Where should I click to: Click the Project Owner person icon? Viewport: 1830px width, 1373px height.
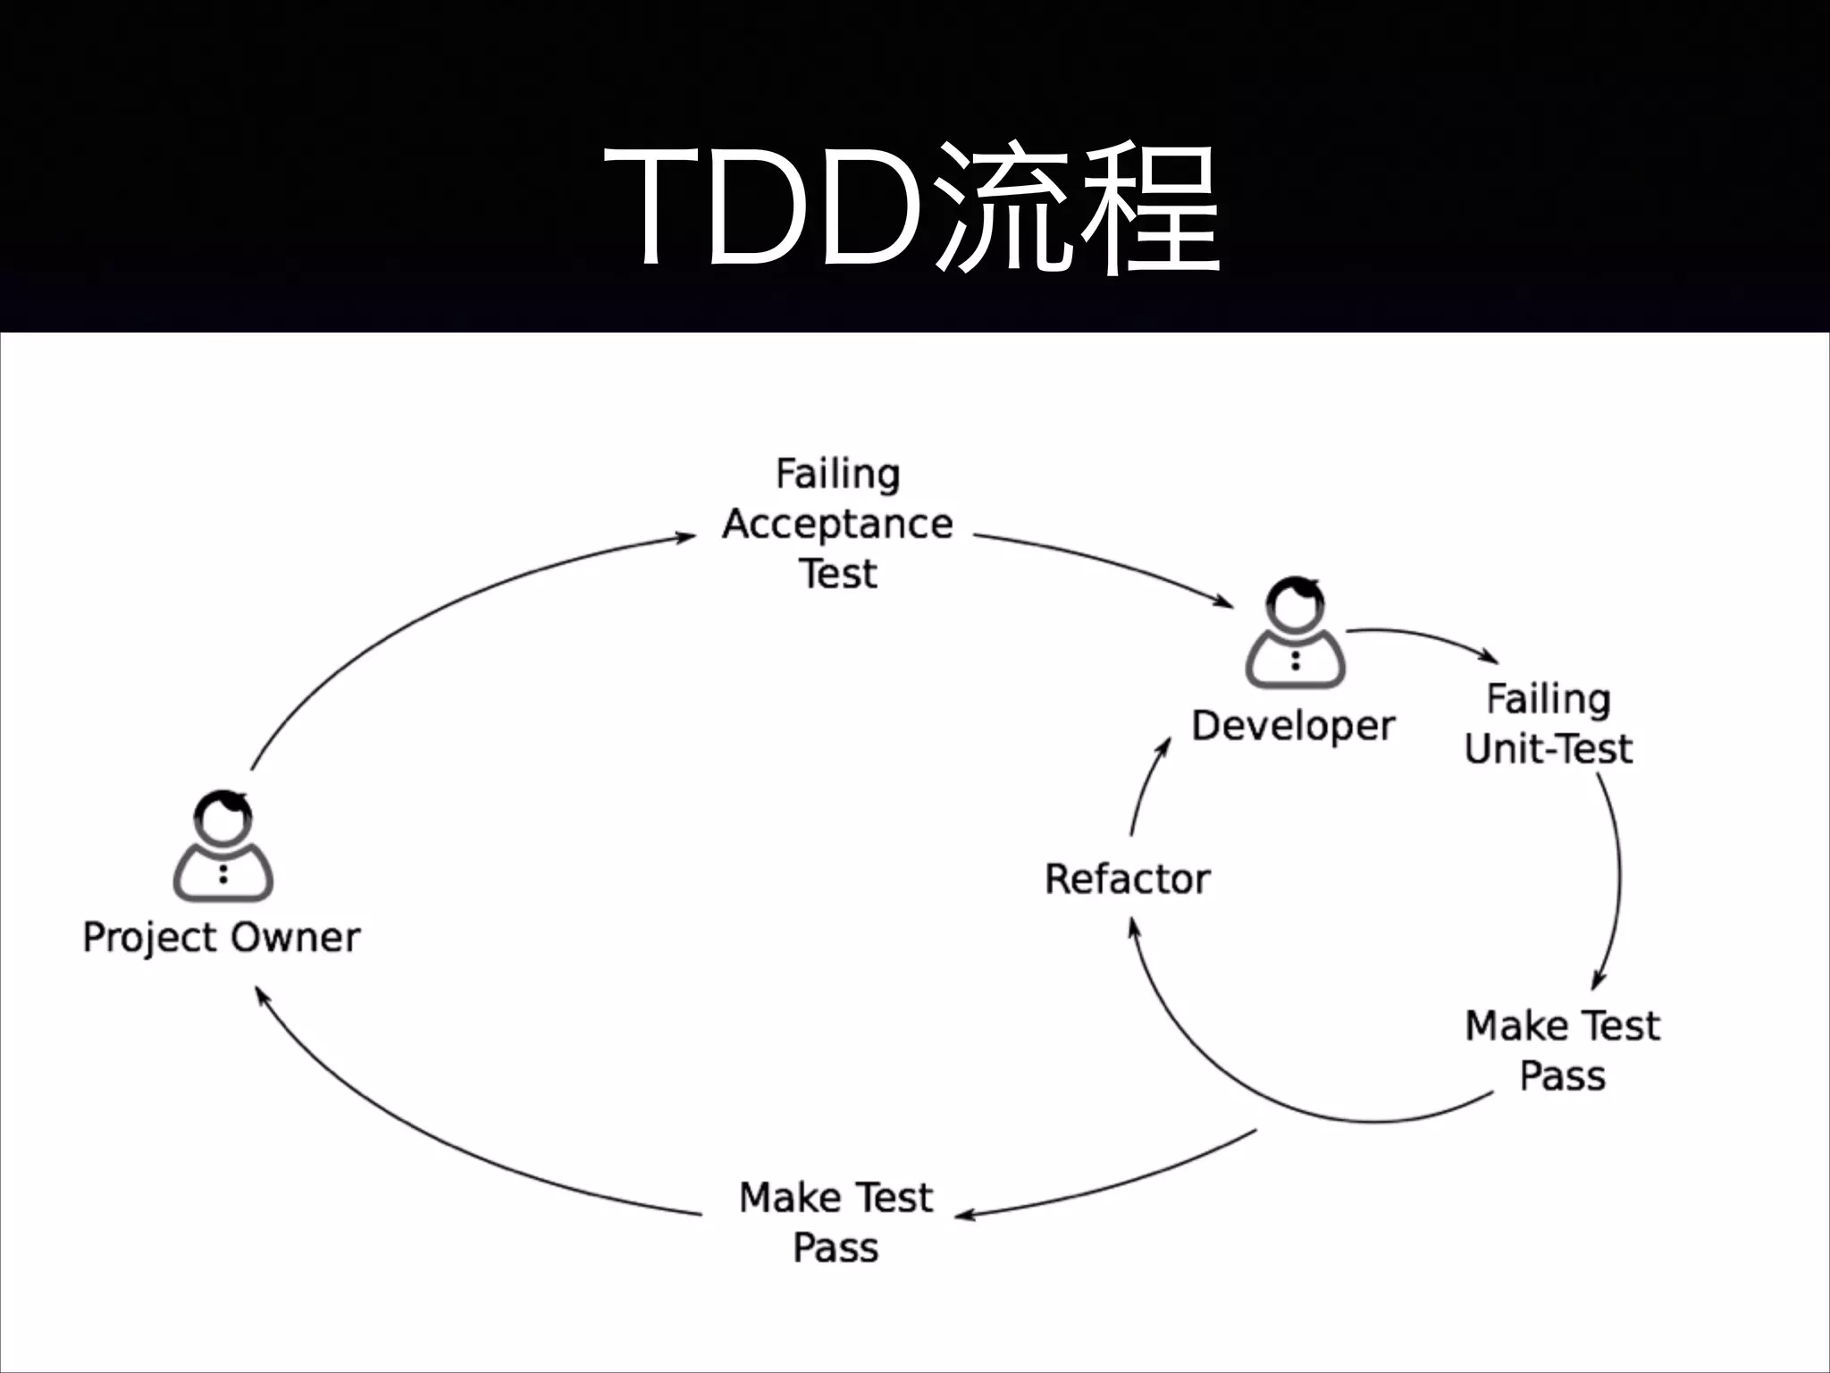tap(222, 847)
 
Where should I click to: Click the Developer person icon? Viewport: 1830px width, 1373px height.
tap(1295, 634)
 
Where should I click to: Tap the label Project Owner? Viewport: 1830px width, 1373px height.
tap(222, 938)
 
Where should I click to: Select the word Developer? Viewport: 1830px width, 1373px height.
tap(1293, 726)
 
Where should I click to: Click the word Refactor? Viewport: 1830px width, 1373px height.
tap(1128, 880)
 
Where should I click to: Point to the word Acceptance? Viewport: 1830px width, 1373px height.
tap(837, 525)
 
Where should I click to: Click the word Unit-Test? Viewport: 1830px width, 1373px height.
tap(1549, 749)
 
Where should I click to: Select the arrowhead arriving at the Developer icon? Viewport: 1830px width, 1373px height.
tap(1224, 602)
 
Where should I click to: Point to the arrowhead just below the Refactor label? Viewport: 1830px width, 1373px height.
tap(1134, 928)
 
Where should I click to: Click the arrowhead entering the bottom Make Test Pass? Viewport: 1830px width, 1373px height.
tap(965, 1215)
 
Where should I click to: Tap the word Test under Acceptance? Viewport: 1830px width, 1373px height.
tap(837, 574)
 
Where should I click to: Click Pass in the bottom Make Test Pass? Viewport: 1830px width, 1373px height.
tap(835, 1248)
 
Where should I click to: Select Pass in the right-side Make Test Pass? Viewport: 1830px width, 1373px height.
tap(1563, 1076)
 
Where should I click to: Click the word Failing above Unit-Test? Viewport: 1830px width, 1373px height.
tap(1549, 699)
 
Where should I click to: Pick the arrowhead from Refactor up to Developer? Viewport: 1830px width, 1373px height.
tap(1164, 745)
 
